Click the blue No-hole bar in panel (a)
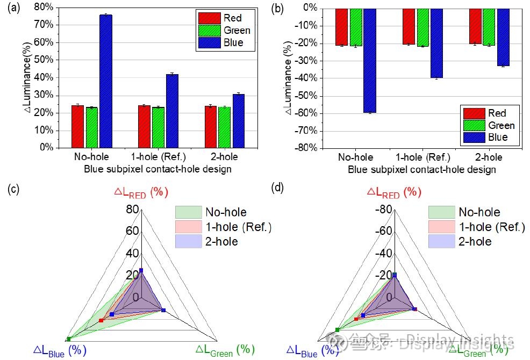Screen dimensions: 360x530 tap(106, 81)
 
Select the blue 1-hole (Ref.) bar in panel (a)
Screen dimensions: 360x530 tap(172, 111)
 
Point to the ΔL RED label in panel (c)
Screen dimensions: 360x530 tap(141, 192)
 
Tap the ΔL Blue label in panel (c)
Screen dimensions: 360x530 tap(60, 350)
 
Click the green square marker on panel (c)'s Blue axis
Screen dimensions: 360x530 tap(68, 339)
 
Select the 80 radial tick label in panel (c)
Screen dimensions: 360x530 tap(133, 210)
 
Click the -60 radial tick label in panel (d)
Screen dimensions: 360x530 tap(384, 232)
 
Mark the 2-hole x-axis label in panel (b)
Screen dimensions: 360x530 tap(489, 157)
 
